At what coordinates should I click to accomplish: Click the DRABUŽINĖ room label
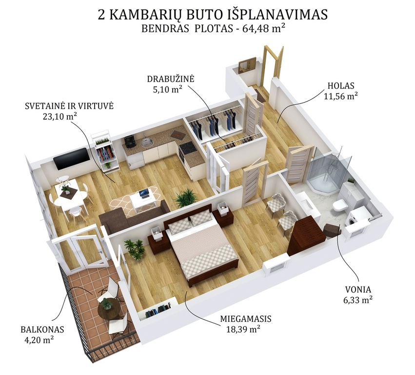(171, 79)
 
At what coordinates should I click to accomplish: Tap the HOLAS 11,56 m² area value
(341, 96)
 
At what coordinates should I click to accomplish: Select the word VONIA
(358, 290)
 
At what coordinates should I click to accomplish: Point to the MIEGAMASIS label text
(246, 318)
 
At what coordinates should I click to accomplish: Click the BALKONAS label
(42, 330)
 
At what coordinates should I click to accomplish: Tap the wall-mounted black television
(72, 159)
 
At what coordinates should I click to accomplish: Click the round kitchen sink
(145, 143)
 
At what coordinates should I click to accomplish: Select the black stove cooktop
(188, 147)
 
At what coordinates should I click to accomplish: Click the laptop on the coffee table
(144, 194)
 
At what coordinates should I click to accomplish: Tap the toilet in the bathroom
(339, 206)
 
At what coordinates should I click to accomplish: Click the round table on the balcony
(109, 309)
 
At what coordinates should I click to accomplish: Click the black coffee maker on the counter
(130, 142)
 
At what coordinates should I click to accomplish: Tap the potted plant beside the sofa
(186, 198)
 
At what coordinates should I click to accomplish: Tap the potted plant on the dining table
(65, 188)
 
